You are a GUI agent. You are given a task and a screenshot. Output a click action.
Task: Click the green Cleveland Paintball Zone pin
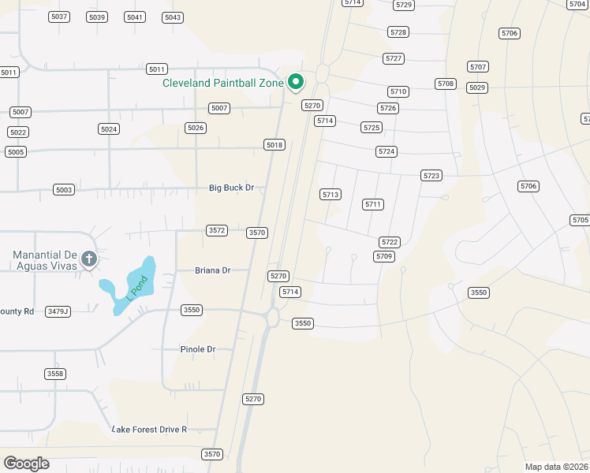[x=296, y=81]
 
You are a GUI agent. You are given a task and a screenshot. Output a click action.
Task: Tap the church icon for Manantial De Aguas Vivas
[x=89, y=259]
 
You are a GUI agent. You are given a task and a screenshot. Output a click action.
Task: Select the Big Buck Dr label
[x=231, y=188]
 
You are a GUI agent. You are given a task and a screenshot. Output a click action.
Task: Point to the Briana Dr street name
[x=212, y=270]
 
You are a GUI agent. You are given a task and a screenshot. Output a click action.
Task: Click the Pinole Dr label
[x=197, y=349]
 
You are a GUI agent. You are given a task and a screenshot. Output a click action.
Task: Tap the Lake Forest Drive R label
[x=150, y=429]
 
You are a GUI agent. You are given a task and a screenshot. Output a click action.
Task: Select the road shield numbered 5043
[x=172, y=17]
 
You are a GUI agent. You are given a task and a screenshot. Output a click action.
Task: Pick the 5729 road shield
[x=404, y=5]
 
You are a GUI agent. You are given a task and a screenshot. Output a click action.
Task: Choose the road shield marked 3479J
[x=58, y=311]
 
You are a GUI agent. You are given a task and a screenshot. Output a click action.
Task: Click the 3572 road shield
[x=217, y=230]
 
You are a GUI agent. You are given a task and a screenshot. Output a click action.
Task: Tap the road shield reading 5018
[x=274, y=145]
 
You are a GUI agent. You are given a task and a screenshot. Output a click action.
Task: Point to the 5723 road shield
[x=431, y=176]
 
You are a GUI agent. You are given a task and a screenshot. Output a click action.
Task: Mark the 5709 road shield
[x=384, y=256]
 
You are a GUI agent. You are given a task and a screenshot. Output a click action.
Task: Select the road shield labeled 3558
[x=55, y=374]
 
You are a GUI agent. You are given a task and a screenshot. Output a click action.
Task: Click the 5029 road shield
[x=476, y=88]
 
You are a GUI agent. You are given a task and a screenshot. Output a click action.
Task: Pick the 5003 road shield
[x=64, y=190]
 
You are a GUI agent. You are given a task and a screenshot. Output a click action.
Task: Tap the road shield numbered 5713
[x=330, y=194]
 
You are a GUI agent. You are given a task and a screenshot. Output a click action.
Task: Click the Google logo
[x=26, y=463]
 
